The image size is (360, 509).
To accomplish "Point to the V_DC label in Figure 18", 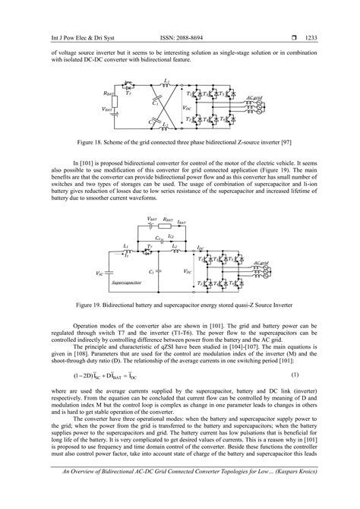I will coord(188,108).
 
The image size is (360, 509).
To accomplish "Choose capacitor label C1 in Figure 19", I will coord(153,270).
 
